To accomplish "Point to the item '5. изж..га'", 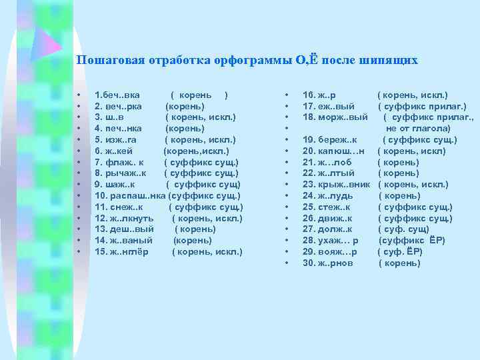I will (116, 140).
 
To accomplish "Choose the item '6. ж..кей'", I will (115, 151).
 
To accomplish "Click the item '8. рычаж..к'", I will (120, 173).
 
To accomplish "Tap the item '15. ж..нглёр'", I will (123, 251).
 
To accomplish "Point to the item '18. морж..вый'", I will (335, 117).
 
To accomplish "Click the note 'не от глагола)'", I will (417, 128).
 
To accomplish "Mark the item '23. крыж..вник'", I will (338, 185).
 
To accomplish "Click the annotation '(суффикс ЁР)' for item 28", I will (411, 241).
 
